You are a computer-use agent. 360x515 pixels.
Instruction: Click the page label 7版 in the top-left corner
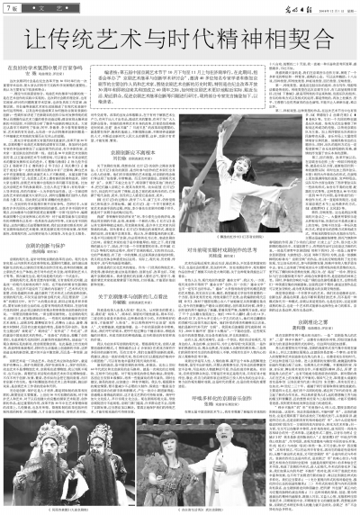coord(13,8)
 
